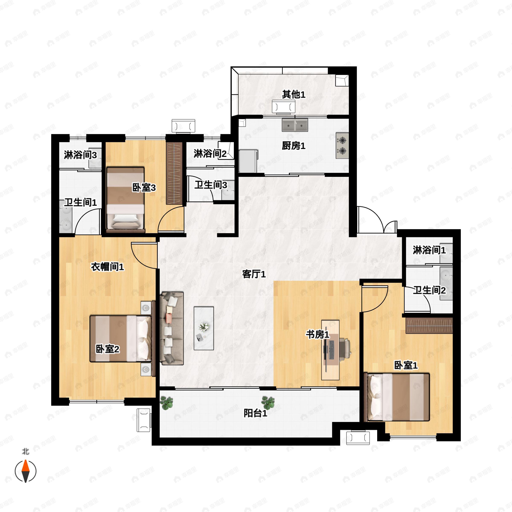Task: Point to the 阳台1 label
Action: pos(255,413)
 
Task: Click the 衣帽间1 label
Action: pos(107,267)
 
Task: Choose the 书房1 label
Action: pos(317,335)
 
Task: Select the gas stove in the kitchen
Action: pos(342,145)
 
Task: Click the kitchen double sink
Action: pos(295,125)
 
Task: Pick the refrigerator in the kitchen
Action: pos(248,161)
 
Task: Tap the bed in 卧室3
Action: pos(125,199)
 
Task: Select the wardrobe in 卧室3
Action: pos(174,173)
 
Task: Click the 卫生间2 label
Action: pos(429,290)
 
